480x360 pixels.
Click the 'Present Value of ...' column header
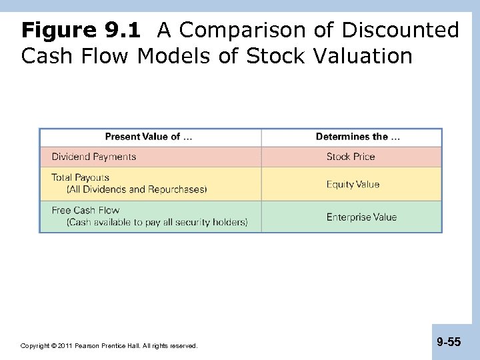(149, 137)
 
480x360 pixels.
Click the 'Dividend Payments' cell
(94, 157)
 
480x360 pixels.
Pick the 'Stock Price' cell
(351, 157)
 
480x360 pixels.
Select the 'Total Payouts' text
(81, 178)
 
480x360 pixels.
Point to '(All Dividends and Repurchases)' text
(137, 189)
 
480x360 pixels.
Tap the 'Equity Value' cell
(353, 184)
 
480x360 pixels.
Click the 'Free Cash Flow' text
(86, 211)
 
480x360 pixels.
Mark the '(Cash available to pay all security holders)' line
(157, 222)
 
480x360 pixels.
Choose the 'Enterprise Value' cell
(361, 217)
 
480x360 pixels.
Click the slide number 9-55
(449, 342)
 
